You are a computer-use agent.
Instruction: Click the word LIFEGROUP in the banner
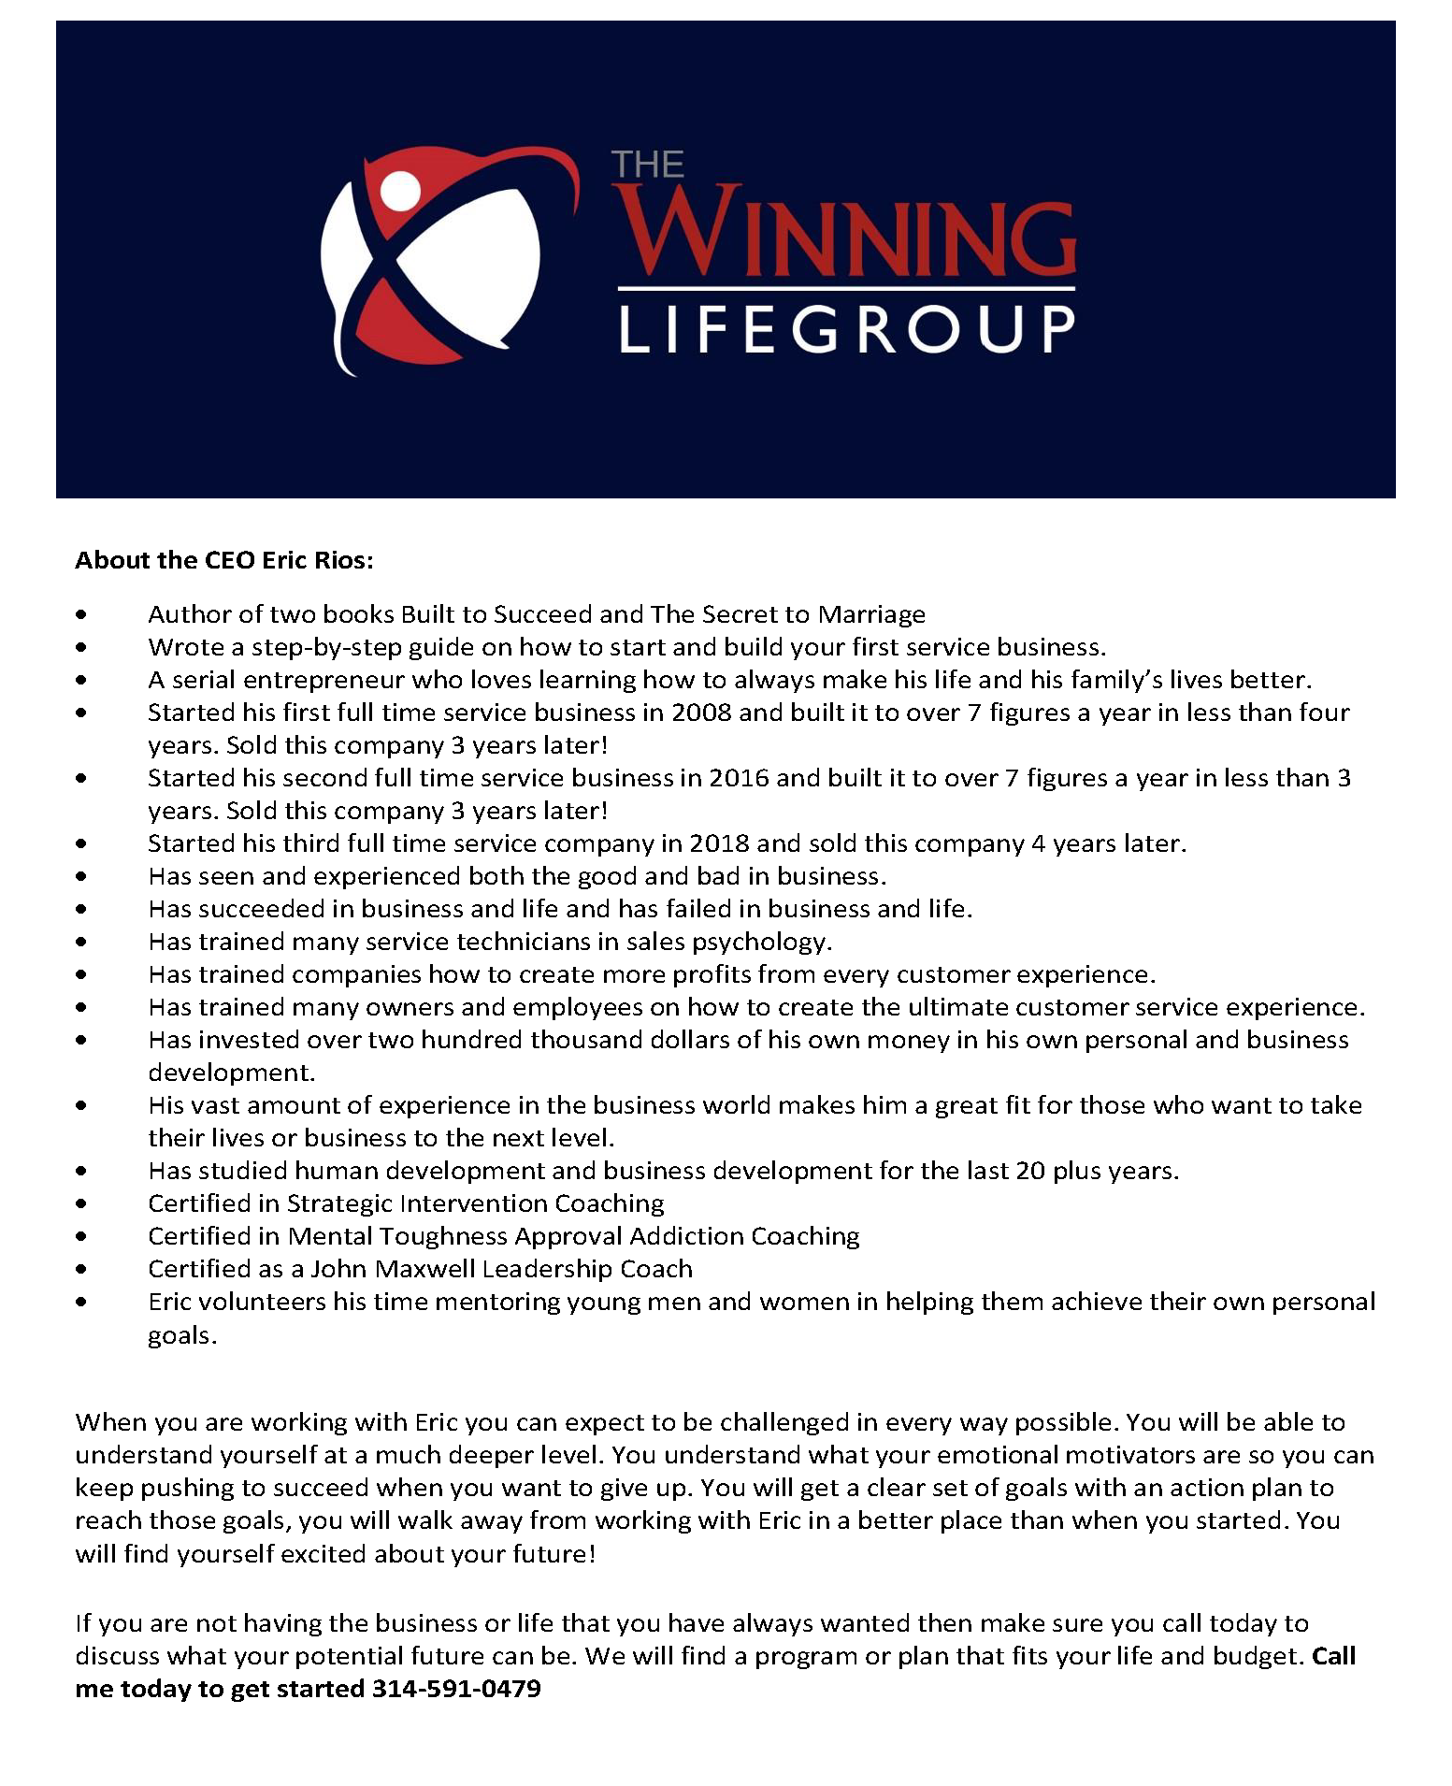click(847, 329)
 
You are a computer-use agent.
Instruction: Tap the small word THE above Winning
click(648, 166)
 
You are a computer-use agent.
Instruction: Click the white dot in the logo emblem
click(401, 190)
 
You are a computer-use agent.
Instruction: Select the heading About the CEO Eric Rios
click(224, 560)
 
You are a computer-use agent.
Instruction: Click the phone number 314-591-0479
click(456, 1689)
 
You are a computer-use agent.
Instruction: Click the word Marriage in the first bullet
click(871, 614)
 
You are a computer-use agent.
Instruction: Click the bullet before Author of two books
click(83, 615)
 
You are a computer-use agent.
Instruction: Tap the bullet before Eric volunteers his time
click(83, 1303)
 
